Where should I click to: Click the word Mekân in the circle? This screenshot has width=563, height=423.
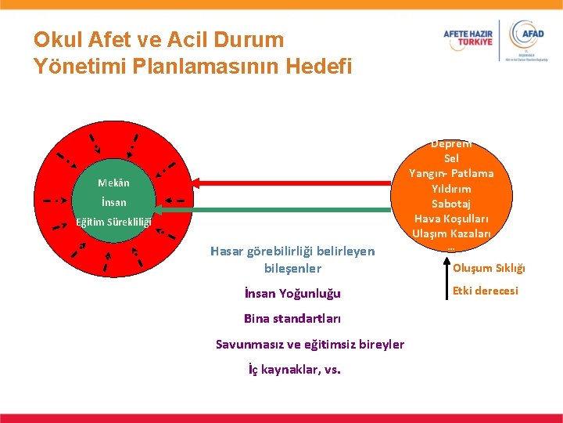click(x=114, y=183)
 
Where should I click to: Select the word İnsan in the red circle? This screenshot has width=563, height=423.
click(x=113, y=202)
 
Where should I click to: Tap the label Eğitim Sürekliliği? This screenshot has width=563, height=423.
click(x=113, y=222)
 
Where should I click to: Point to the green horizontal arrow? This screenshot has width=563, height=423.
click(x=274, y=208)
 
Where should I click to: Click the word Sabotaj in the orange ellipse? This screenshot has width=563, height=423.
click(x=451, y=204)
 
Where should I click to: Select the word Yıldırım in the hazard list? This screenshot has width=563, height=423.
click(x=451, y=189)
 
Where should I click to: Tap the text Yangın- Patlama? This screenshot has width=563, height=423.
click(x=451, y=173)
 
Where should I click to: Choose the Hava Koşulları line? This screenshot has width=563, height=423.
click(x=451, y=219)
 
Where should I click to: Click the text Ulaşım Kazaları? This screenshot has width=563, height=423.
click(x=451, y=233)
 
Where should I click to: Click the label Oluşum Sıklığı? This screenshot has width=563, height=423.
click(x=489, y=269)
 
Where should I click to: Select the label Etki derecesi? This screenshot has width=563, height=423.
click(x=485, y=291)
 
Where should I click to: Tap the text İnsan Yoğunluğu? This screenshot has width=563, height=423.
click(x=292, y=294)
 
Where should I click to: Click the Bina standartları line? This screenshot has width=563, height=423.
click(x=292, y=318)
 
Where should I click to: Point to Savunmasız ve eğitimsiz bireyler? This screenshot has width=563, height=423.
click(x=310, y=344)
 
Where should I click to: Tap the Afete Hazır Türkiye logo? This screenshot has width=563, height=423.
click(x=469, y=40)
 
